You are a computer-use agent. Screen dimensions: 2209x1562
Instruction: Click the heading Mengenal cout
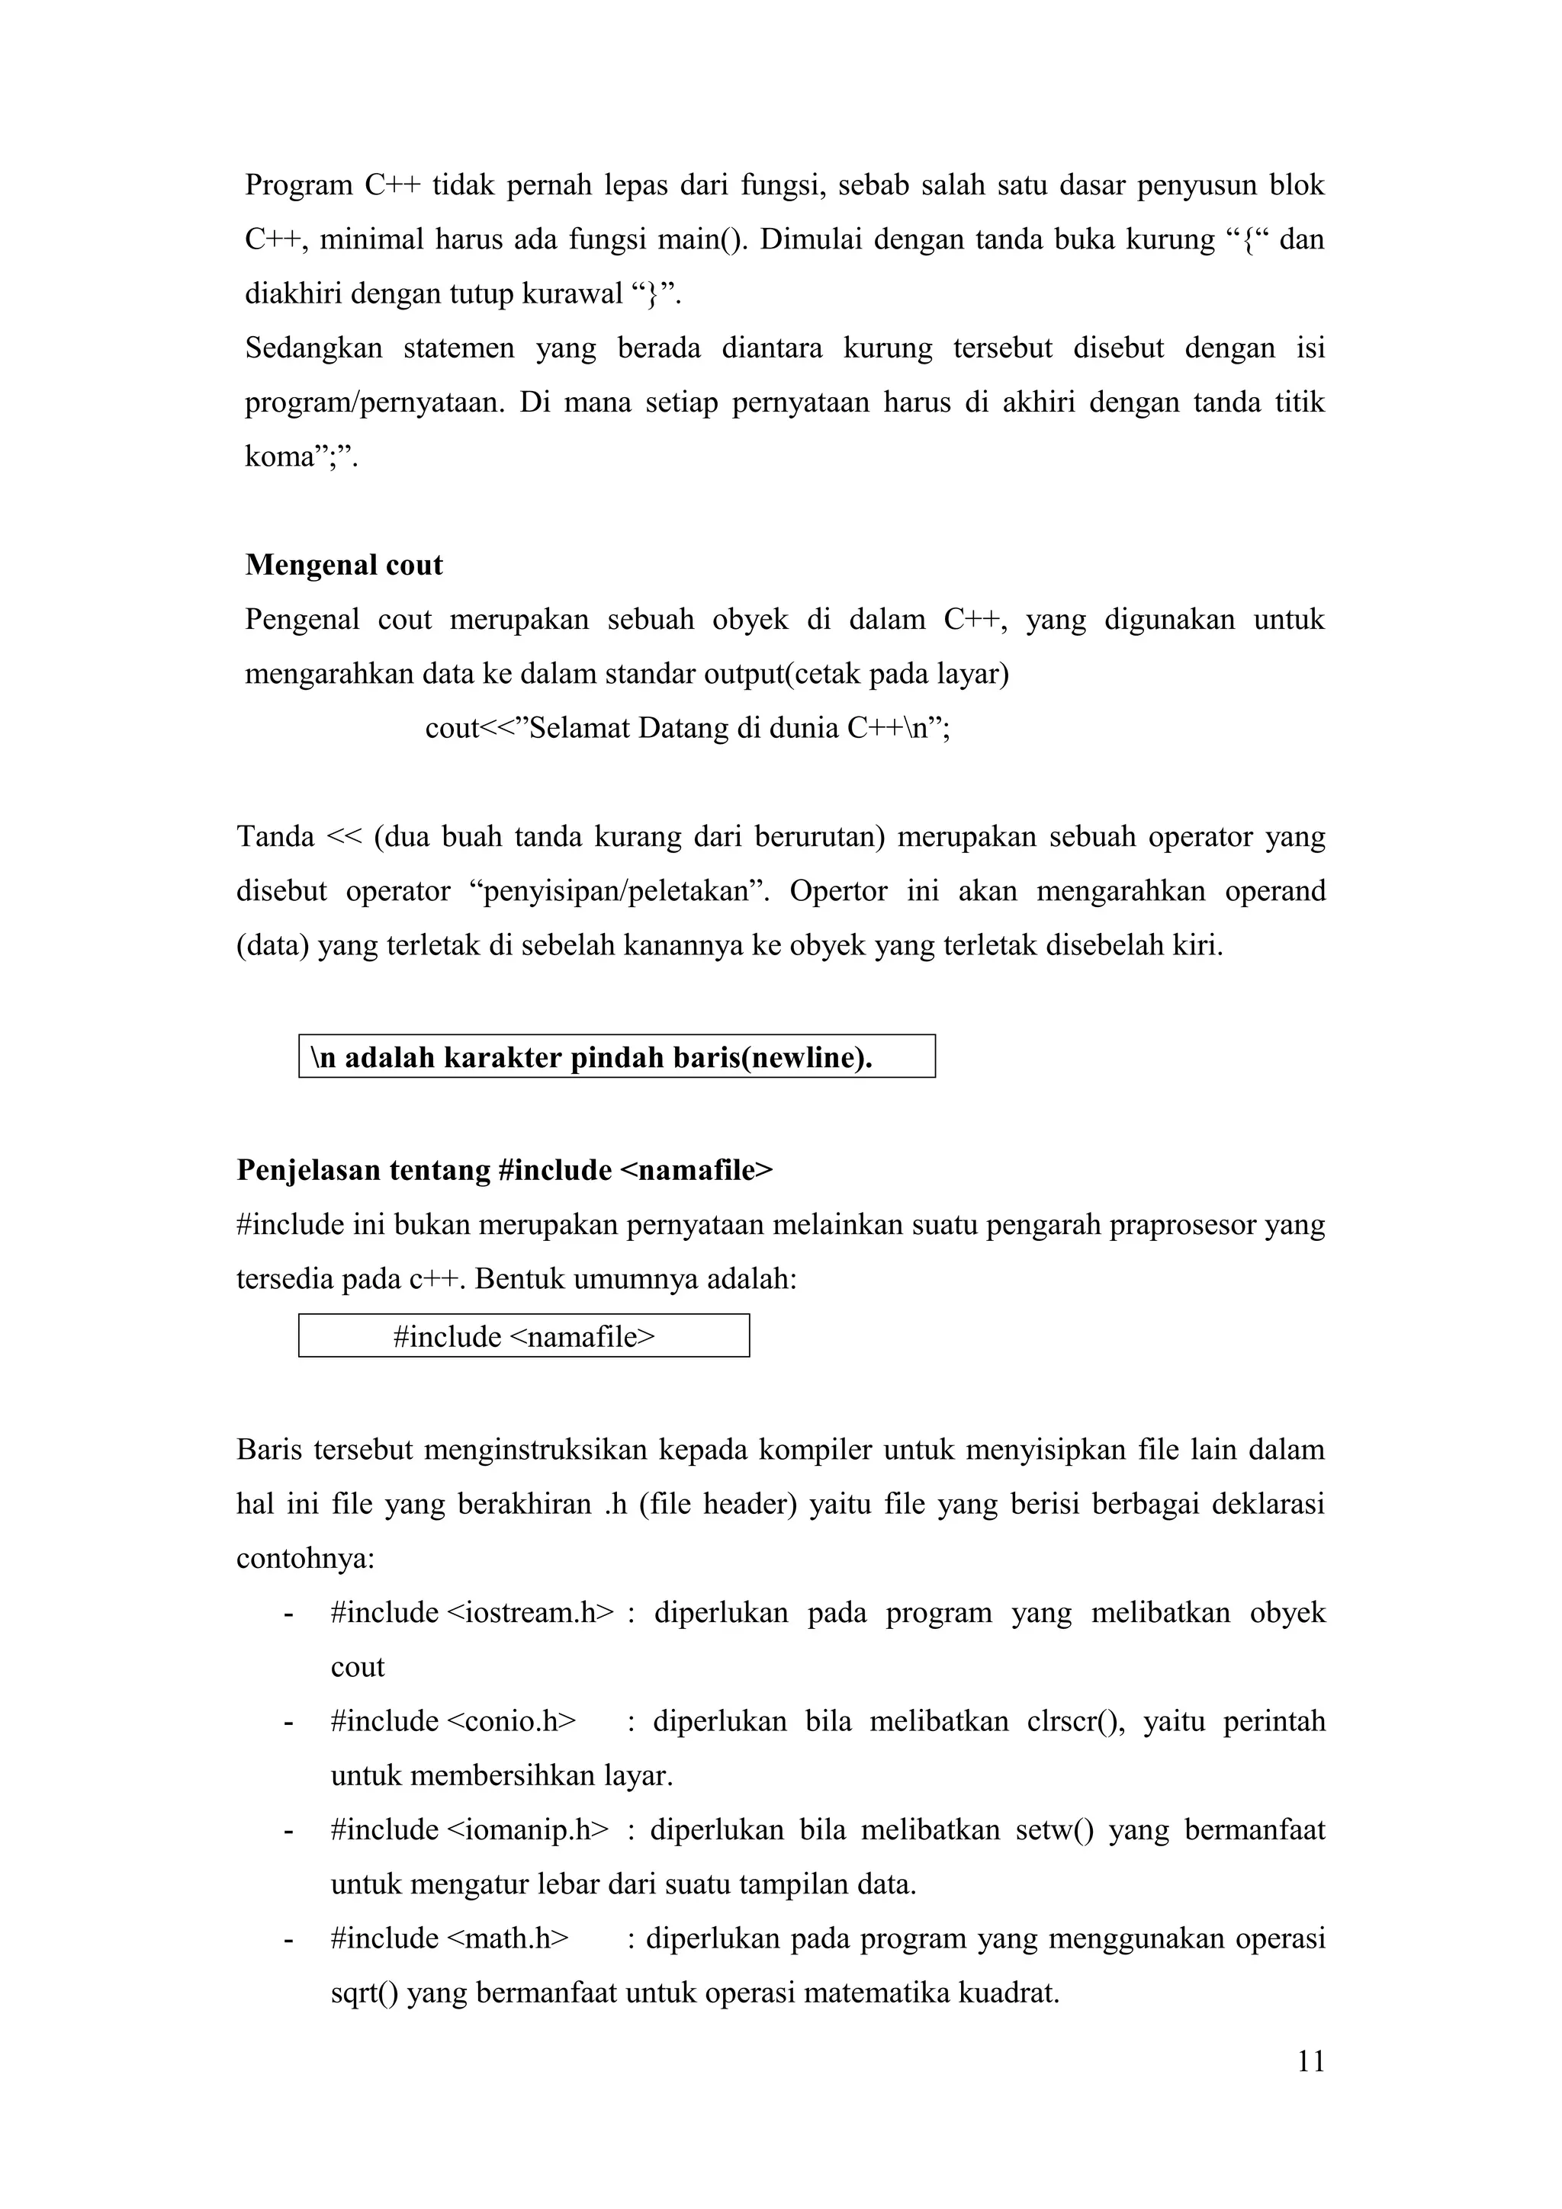(343, 565)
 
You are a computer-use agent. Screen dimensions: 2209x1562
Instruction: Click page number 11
(1311, 2061)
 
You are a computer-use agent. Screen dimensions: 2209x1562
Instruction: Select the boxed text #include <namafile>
(523, 1336)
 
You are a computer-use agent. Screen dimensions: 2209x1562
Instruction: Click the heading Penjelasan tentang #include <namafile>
(504, 1170)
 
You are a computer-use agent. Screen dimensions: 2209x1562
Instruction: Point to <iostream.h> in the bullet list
(530, 1612)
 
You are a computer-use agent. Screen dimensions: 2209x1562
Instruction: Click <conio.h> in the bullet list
(512, 1721)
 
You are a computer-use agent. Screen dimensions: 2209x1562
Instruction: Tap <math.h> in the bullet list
(508, 1938)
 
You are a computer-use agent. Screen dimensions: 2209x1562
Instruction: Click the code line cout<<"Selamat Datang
(687, 728)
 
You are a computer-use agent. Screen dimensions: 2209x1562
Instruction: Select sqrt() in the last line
(365, 1993)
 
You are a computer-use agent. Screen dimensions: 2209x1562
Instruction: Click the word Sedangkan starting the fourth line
(313, 348)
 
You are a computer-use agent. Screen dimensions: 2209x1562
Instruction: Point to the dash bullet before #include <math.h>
(288, 1938)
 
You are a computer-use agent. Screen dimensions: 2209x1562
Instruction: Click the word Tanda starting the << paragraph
(275, 837)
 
